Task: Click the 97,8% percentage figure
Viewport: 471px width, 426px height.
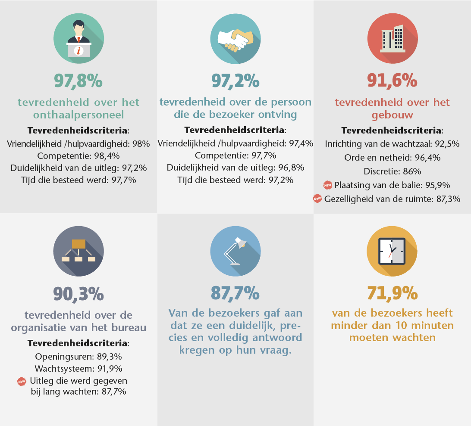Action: click(x=78, y=81)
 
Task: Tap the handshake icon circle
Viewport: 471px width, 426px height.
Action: click(x=235, y=40)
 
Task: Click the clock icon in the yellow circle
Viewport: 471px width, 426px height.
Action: click(x=392, y=251)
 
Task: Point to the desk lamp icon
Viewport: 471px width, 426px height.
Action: click(x=235, y=251)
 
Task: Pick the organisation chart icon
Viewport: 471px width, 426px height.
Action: click(x=78, y=251)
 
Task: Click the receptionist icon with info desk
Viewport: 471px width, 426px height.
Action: click(x=78, y=40)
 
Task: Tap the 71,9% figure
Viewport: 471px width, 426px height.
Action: click(x=392, y=293)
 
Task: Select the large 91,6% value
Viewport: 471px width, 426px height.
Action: click(x=392, y=81)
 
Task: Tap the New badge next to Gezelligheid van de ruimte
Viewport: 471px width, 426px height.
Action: click(x=317, y=199)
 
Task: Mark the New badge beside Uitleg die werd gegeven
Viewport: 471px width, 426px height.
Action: click(x=22, y=381)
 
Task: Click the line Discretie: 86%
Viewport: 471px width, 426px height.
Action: click(x=392, y=171)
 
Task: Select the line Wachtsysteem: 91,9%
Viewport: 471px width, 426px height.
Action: click(x=78, y=369)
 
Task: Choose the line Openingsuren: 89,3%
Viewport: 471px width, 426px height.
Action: click(x=78, y=357)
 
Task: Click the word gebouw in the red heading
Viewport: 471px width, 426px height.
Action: click(x=392, y=115)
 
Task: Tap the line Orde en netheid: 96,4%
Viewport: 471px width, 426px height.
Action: click(x=392, y=158)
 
